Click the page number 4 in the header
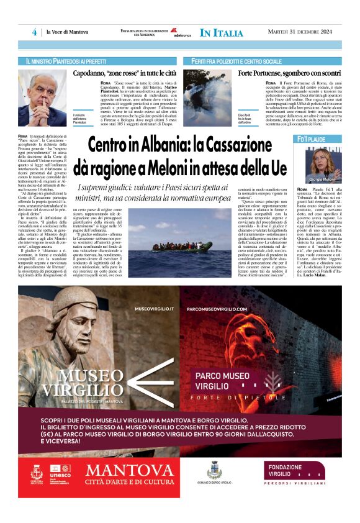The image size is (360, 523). (35, 32)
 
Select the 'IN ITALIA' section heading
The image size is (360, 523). (221, 33)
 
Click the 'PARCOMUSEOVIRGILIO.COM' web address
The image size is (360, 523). (216, 308)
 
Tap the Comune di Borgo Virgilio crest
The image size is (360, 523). (215, 470)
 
